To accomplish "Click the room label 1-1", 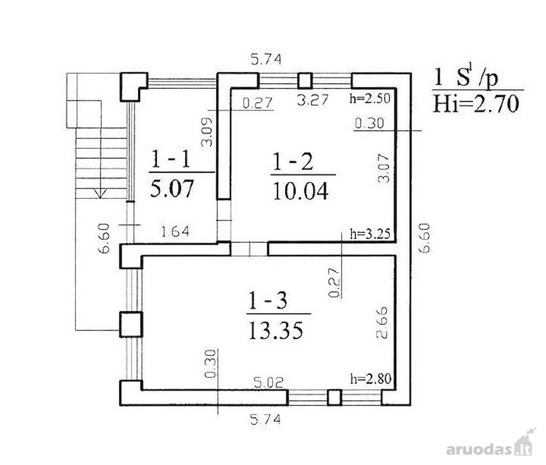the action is tap(170, 160).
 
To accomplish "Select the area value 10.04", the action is tap(301, 191).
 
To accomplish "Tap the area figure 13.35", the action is tap(275, 331).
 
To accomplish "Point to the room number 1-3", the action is tap(268, 300).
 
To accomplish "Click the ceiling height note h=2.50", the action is tap(370, 98).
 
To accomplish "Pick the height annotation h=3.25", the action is tap(370, 233).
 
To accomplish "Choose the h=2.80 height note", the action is tap(371, 379).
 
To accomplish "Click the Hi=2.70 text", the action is tap(476, 103).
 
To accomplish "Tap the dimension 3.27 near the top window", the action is tap(313, 100).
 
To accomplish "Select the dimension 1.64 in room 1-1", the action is tap(175, 231).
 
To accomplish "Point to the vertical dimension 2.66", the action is tap(382, 322).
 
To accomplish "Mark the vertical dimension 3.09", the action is tap(207, 132).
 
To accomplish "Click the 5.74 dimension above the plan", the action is tap(266, 59).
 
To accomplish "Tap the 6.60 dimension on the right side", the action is tap(425, 238).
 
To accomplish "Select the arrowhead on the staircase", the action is tap(100, 193).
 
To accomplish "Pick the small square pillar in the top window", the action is tap(305, 81).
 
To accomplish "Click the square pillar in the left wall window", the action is tap(131, 324).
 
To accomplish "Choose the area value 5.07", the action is tap(171, 189).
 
